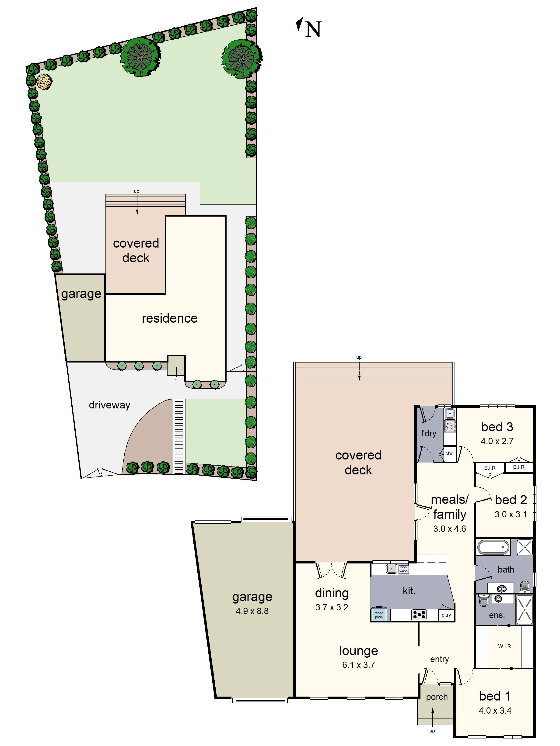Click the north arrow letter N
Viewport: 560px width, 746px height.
313,29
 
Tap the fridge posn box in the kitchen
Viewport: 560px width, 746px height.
379,615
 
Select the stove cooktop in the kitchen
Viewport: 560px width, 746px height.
419,615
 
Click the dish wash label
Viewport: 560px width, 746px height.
403,569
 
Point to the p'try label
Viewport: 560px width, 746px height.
446,615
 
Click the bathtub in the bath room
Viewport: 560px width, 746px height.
493,547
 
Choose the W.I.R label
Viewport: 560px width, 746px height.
504,646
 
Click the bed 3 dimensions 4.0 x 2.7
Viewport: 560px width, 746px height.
497,441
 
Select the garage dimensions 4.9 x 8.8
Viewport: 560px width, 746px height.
252,611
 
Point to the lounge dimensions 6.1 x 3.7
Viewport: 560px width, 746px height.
358,665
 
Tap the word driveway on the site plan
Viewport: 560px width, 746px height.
109,405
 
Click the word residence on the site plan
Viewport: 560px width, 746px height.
169,318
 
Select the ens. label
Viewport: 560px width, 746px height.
497,615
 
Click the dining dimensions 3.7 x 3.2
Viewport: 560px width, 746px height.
332,607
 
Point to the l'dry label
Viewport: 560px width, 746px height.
429,433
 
